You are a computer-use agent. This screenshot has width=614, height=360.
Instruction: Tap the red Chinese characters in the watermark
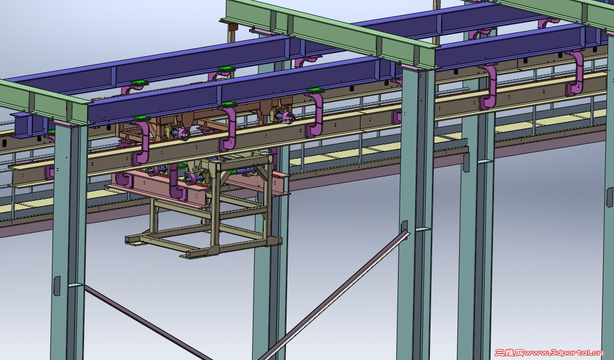click(509, 353)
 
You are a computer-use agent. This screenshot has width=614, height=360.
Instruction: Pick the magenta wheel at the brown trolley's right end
click(288, 117)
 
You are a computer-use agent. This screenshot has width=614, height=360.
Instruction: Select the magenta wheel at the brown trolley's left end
click(184, 134)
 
